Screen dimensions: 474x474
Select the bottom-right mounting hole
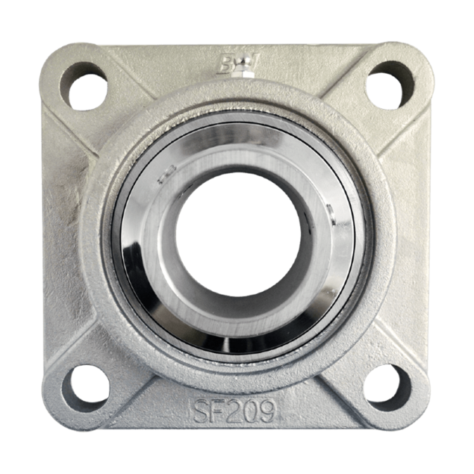click(x=388, y=387)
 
